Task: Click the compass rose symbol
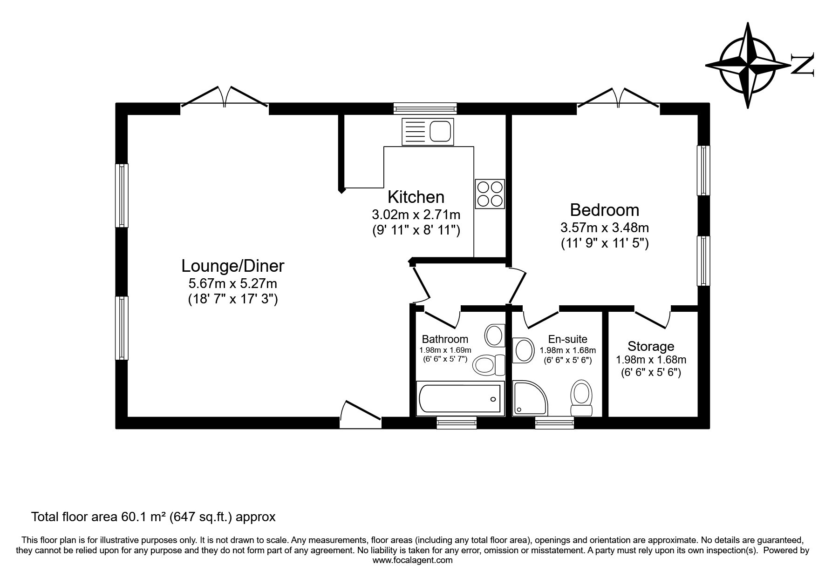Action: [x=748, y=65]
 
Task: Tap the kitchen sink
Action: [x=427, y=131]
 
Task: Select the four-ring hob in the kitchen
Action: [x=490, y=194]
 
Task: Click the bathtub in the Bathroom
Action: [x=460, y=399]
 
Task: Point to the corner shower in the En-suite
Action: [x=530, y=398]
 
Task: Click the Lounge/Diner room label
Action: [x=232, y=266]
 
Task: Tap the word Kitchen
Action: [x=416, y=197]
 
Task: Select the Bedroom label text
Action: [x=605, y=210]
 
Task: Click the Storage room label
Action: [x=651, y=346]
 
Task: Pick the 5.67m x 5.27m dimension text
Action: [x=232, y=283]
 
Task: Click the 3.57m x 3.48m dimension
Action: [x=605, y=228]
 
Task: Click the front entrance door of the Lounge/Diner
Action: [x=361, y=413]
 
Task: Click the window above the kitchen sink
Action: [x=425, y=108]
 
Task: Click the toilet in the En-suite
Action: [x=581, y=398]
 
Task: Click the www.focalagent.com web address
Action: [x=413, y=560]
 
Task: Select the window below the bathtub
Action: [x=457, y=422]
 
